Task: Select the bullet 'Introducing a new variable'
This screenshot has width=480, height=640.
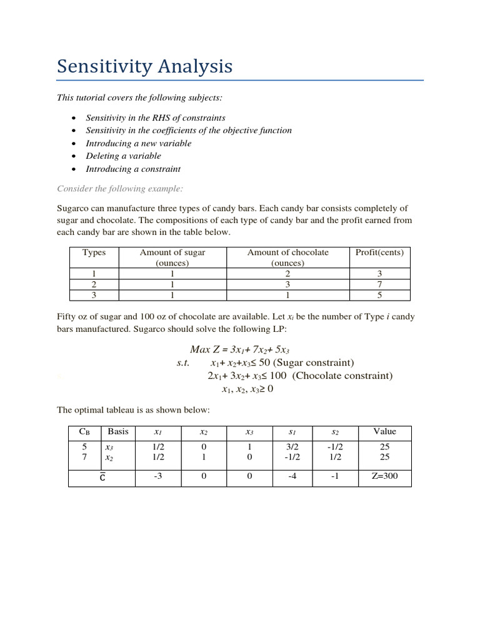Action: pos(139,143)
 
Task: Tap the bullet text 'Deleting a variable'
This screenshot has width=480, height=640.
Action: pos(123,156)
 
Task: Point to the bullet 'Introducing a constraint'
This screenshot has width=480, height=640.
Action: pos(133,169)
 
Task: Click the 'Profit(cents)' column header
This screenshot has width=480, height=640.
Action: pos(379,252)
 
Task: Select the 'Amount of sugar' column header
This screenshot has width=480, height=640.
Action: pos(172,252)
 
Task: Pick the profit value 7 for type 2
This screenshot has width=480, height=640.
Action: pos(379,284)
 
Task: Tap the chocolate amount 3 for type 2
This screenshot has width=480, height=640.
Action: pos(287,284)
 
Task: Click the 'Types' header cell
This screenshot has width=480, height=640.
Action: pos(94,252)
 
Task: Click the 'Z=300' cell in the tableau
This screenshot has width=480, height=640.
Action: pos(384,478)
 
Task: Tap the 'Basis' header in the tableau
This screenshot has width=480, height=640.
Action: pos(118,431)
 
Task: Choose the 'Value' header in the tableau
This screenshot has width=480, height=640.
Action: pos(384,431)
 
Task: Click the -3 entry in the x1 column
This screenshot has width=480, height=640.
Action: pos(157,478)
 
